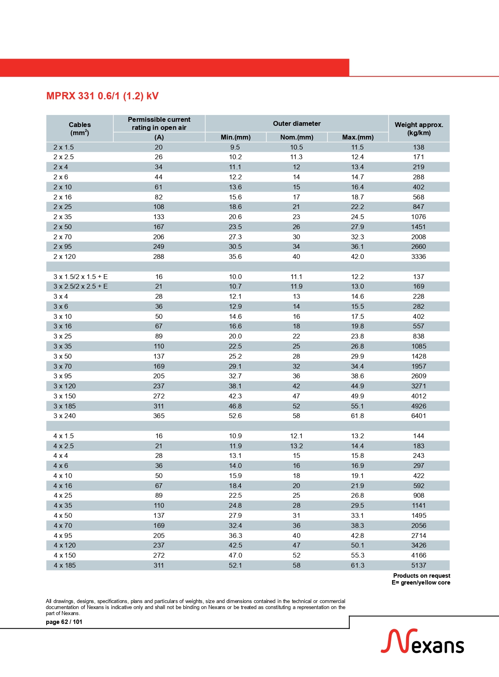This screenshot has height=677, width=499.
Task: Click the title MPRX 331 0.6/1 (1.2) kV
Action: (102, 96)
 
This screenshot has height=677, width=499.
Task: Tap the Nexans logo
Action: (422, 642)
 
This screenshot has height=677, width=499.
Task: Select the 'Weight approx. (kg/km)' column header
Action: (419, 129)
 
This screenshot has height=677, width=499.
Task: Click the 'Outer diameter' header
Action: (297, 123)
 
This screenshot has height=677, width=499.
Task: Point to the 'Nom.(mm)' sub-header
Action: (297, 137)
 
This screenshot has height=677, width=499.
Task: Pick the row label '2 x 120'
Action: (65, 256)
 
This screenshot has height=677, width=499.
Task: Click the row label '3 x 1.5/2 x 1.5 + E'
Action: (80, 277)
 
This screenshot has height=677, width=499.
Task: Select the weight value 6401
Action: (419, 416)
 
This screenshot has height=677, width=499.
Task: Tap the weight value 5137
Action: (419, 565)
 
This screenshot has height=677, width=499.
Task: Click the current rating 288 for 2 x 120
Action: (159, 256)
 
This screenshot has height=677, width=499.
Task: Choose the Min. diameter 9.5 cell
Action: (235, 147)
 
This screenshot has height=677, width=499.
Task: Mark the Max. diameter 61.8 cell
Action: (357, 416)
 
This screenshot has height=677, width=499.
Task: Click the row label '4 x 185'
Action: (65, 565)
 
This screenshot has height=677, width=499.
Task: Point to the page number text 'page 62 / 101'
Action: (64, 622)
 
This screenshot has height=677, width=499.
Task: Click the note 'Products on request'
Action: (421, 576)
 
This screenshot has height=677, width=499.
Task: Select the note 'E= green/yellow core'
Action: (421, 583)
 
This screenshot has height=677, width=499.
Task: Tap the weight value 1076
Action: (419, 217)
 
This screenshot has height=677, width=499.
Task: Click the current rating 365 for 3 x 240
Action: (159, 416)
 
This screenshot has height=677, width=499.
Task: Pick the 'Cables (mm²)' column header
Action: (80, 129)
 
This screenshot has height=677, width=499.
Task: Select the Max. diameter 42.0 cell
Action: (357, 256)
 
